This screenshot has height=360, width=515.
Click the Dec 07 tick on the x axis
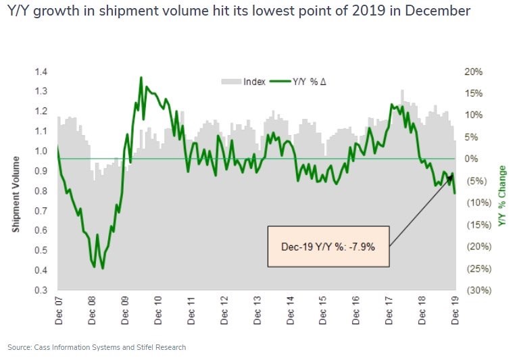pyautogui.click(x=59, y=311)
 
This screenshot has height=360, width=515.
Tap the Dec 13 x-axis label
pyautogui.click(x=257, y=311)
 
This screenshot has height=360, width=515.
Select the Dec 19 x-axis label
pyautogui.click(x=455, y=311)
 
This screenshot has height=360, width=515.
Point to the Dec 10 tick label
pyautogui.click(x=158, y=311)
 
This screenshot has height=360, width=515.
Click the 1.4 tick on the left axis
pyautogui.click(x=41, y=72)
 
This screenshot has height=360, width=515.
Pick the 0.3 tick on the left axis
pyautogui.click(x=41, y=290)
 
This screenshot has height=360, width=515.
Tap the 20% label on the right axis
pyautogui.click(x=473, y=72)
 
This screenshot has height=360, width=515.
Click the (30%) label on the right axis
pyautogui.click(x=479, y=290)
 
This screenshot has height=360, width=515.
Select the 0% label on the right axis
pyautogui.click(x=471, y=159)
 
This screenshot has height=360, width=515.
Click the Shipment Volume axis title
pyautogui.click(x=16, y=195)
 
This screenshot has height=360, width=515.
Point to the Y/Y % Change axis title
pyautogui.click(x=502, y=196)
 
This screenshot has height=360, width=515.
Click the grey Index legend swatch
pyautogui.click(x=231, y=81)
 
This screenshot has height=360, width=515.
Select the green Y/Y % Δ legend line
pyautogui.click(x=280, y=81)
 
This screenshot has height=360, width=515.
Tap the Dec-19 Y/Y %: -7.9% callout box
pyautogui.click(x=328, y=246)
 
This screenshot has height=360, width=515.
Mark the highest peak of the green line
pyautogui.click(x=141, y=78)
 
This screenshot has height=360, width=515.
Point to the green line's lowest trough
pyautogui.click(x=103, y=268)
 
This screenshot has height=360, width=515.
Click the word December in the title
pyautogui.click(x=437, y=11)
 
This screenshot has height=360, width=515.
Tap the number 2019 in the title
pyautogui.click(x=368, y=11)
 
